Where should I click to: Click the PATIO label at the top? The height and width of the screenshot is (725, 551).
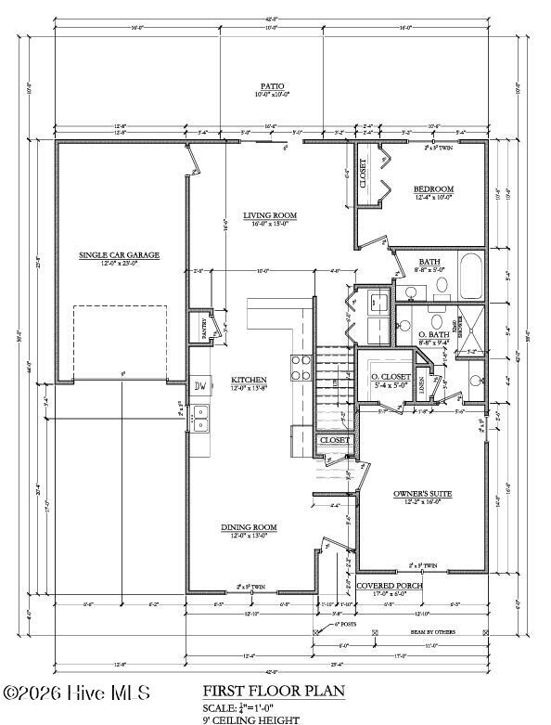tap(273, 84)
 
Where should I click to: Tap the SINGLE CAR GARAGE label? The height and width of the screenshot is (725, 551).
tap(120, 254)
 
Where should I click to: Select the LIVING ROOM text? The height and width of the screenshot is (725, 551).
tap(270, 215)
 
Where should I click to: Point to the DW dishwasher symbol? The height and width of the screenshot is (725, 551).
tap(199, 386)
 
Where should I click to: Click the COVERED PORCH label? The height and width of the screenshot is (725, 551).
tap(390, 586)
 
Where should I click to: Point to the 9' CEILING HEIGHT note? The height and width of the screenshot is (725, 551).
tap(250, 719)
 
